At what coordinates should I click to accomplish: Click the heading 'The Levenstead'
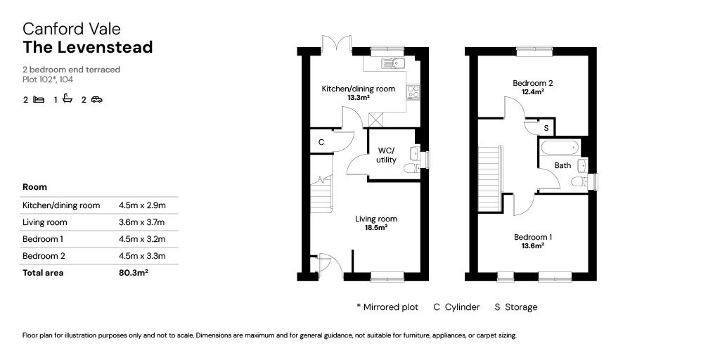tap(88, 47)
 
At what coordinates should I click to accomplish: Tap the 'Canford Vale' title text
tap(72, 29)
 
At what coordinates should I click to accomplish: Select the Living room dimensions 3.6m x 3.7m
tap(141, 222)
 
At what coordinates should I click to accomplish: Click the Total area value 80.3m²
tap(133, 273)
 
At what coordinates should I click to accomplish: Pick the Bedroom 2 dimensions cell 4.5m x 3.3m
tap(142, 256)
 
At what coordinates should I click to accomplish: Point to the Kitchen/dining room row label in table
tap(61, 205)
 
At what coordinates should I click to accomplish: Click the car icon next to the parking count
tap(96, 99)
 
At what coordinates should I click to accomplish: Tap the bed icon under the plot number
tap(39, 99)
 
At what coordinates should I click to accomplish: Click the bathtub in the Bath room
tap(560, 148)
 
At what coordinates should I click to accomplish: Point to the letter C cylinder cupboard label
tap(321, 142)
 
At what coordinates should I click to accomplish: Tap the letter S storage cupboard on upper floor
tap(546, 128)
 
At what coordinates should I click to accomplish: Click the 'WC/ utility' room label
tap(386, 155)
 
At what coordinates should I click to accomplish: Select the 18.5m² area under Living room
tap(375, 227)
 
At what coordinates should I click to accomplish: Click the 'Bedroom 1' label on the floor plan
tap(533, 237)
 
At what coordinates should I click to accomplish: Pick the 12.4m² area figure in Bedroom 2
tap(533, 91)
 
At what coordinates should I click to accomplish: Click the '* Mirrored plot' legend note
tap(387, 307)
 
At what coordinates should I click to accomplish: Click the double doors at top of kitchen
tap(337, 44)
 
